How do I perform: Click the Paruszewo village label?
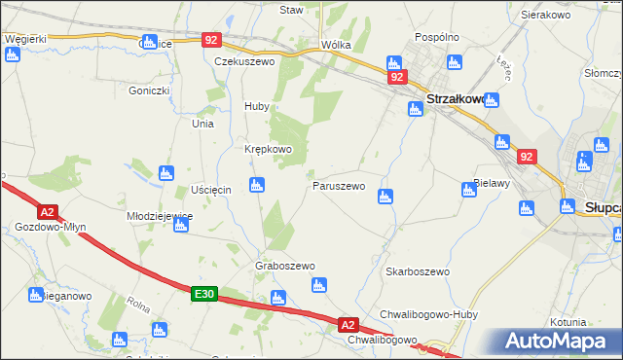338,185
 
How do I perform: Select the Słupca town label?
604,206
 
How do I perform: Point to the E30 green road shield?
202,293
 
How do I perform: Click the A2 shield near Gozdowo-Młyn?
47,210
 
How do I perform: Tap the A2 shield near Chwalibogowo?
349,324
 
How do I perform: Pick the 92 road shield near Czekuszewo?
212,40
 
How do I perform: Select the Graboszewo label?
284,266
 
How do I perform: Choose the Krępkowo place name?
268,149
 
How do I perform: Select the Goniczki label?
149,90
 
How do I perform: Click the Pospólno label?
436,36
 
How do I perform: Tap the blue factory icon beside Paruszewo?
385,196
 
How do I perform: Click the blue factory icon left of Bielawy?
470,189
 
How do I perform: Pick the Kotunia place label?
568,321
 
